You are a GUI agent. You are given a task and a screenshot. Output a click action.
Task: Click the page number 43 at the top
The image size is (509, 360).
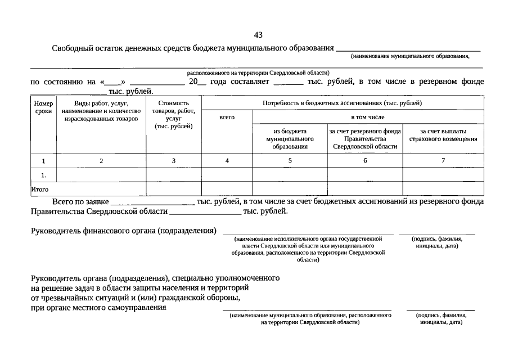coord(258,35)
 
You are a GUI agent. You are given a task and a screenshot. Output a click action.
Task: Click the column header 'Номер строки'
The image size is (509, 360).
coord(43,107)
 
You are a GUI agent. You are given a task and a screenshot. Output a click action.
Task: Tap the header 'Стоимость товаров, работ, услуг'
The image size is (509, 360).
coord(173,115)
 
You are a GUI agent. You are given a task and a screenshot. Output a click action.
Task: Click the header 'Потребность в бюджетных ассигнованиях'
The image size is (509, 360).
coord(342,103)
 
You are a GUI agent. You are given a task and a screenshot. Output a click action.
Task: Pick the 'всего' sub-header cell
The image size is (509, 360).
coord(227,117)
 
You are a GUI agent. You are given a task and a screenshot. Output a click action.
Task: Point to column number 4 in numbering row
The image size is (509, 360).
coord(227,161)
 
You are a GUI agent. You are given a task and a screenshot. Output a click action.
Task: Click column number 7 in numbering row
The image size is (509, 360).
coord(443,161)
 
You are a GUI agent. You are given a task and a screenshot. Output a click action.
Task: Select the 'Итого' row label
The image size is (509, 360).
coord(40,190)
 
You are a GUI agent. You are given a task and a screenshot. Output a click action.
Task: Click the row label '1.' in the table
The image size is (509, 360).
coord(43,175)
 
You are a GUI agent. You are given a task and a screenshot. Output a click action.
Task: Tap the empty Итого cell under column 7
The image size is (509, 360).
coord(443,189)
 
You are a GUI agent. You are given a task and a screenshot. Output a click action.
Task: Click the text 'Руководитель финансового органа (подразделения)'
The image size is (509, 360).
coord(123,231)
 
